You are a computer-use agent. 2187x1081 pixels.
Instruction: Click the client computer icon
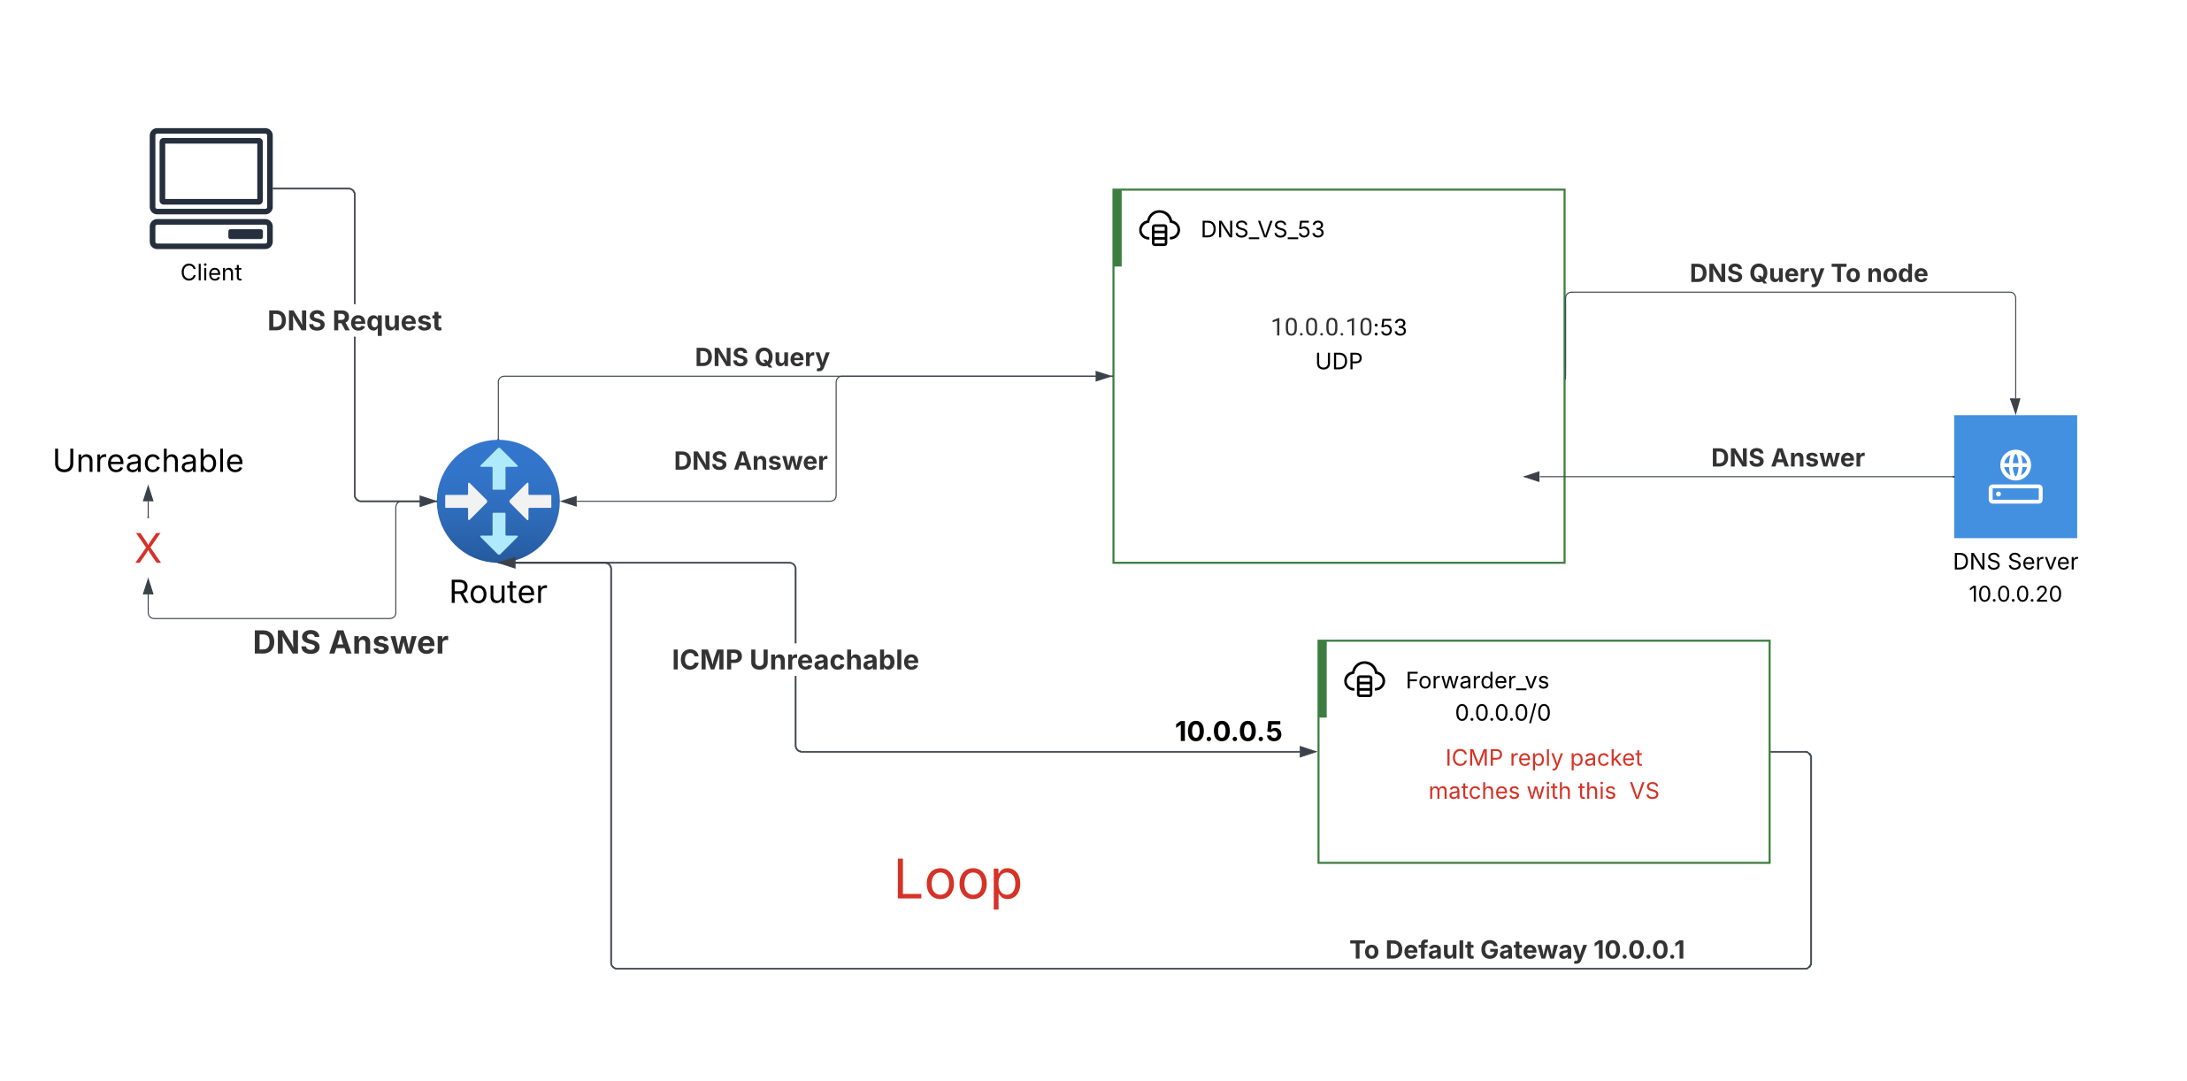211,188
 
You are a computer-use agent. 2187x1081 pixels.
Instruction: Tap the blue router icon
498,501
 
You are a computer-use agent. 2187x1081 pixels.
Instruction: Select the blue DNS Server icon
2014,476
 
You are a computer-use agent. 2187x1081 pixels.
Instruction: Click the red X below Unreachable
148,548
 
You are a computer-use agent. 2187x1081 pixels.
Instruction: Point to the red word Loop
957,879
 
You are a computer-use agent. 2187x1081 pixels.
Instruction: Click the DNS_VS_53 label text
1262,229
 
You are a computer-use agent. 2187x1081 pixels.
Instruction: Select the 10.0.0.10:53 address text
1338,327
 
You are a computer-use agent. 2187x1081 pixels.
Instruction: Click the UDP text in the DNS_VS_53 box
1338,361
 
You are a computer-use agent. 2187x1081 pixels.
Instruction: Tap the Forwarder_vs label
1477,680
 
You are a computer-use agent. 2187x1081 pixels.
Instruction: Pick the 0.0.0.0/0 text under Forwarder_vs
1502,713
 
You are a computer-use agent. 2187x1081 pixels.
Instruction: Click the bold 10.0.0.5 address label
1227,732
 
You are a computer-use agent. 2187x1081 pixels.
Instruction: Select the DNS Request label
354,320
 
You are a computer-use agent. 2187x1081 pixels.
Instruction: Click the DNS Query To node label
1807,273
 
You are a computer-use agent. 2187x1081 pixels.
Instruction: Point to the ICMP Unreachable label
794,660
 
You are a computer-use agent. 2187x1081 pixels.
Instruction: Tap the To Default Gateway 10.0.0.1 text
1516,950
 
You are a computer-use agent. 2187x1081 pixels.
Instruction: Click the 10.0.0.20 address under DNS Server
2014,594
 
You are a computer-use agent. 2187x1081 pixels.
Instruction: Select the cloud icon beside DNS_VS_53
1158,229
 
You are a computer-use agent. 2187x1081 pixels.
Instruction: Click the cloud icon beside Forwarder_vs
1363,680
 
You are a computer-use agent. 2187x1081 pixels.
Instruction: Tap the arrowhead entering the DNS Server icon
2014,406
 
